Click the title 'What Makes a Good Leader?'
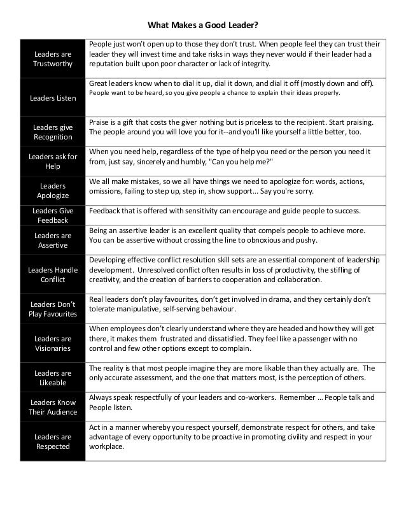click(202, 26)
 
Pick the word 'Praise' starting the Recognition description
click(101, 121)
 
